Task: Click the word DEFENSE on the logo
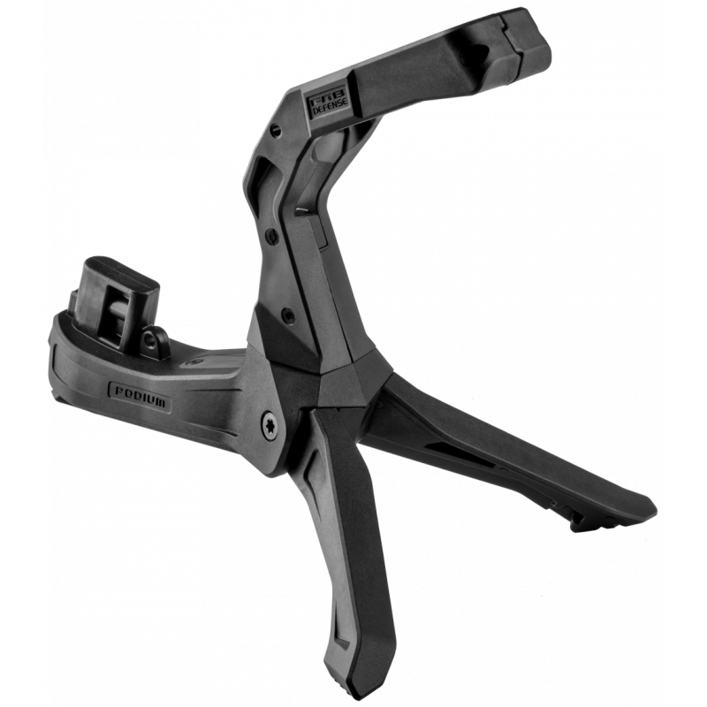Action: [x=331, y=106]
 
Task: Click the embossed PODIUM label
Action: [x=141, y=396]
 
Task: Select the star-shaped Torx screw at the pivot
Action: [x=270, y=426]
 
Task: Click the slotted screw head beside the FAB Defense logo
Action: [x=276, y=130]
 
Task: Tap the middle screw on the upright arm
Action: [x=272, y=235]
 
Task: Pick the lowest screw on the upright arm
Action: [x=288, y=315]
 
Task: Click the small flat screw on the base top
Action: [x=194, y=361]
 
